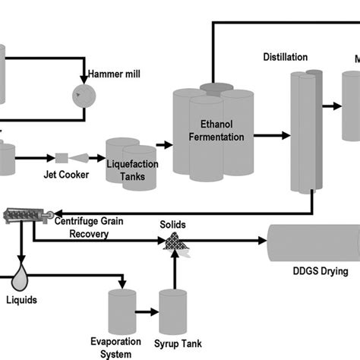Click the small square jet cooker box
(x=61, y=158)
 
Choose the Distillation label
(x=285, y=57)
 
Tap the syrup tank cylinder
(x=175, y=312)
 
